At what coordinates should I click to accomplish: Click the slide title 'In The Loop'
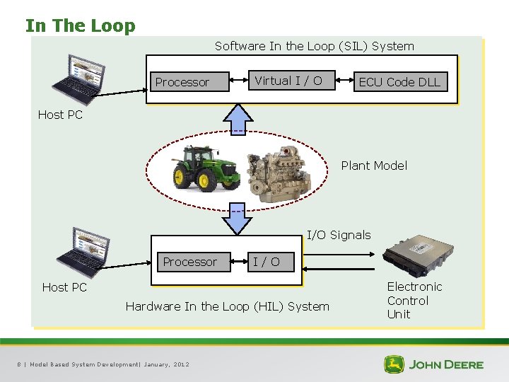pyautogui.click(x=80, y=26)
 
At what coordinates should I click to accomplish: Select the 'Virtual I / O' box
pyautogui.click(x=288, y=81)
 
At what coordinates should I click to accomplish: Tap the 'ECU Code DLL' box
pyautogui.click(x=399, y=82)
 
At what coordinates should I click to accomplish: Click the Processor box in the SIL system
pyautogui.click(x=182, y=82)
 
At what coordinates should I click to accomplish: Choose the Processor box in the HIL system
pyautogui.click(x=190, y=262)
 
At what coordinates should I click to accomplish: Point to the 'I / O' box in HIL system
pyautogui.click(x=267, y=262)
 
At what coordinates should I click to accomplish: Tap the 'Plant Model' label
pyautogui.click(x=374, y=166)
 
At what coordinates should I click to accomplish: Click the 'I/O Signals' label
pyautogui.click(x=338, y=235)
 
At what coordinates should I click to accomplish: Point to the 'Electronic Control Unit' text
pyautogui.click(x=414, y=300)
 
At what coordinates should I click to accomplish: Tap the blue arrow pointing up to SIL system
pyautogui.click(x=238, y=118)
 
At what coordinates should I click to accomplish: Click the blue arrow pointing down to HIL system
pyautogui.click(x=238, y=219)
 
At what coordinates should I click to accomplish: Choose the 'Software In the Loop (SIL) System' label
pyautogui.click(x=315, y=46)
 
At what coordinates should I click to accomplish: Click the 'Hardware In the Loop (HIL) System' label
pyautogui.click(x=227, y=306)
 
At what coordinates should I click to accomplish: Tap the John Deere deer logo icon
pyautogui.click(x=394, y=364)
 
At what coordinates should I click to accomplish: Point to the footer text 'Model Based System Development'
pyautogui.click(x=84, y=364)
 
